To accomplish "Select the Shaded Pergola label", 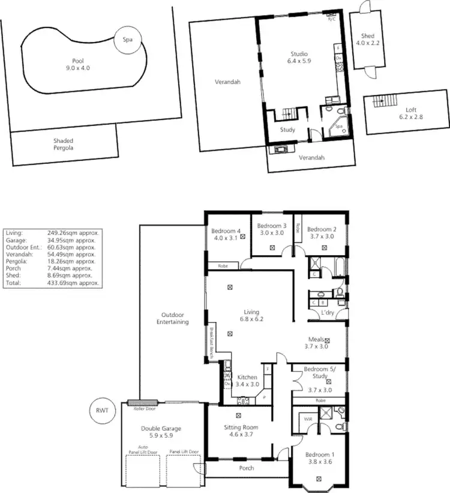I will (63, 144).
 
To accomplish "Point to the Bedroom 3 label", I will (272, 229).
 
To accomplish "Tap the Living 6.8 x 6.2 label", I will (251, 316).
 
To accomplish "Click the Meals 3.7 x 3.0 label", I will (316, 342).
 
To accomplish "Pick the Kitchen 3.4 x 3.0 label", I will (247, 381).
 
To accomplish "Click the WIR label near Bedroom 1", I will (308, 419).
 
